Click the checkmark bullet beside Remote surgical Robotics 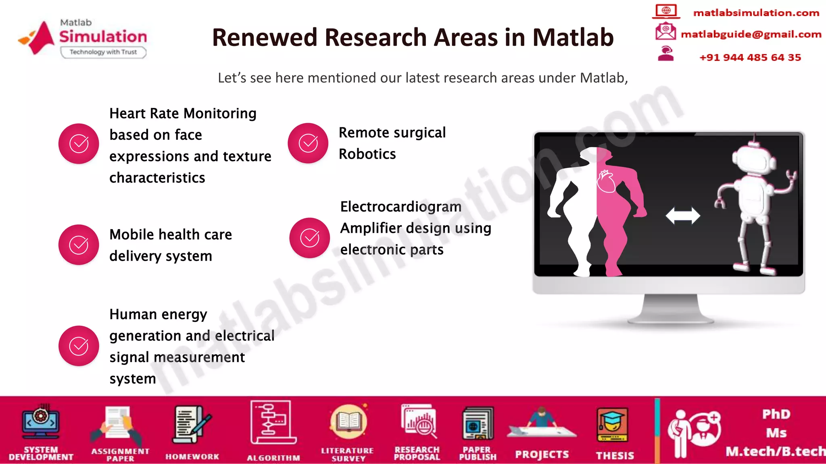pyautogui.click(x=308, y=143)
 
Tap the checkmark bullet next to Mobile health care pyautogui.click(x=79, y=244)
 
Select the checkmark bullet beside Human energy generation pyautogui.click(x=79, y=346)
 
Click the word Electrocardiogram pyautogui.click(x=400, y=207)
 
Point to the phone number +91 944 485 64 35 pyautogui.click(x=750, y=58)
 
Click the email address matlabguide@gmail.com pyautogui.click(x=751, y=34)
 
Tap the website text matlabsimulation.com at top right pyautogui.click(x=756, y=13)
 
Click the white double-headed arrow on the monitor pyautogui.click(x=682, y=215)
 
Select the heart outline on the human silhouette pyautogui.click(x=606, y=182)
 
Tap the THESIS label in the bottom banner pyautogui.click(x=615, y=456)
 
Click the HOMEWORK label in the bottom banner pyautogui.click(x=192, y=456)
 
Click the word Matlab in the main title pyautogui.click(x=573, y=37)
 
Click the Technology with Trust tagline pyautogui.click(x=103, y=52)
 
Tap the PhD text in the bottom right pyautogui.click(x=776, y=414)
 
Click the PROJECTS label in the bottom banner pyautogui.click(x=542, y=455)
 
